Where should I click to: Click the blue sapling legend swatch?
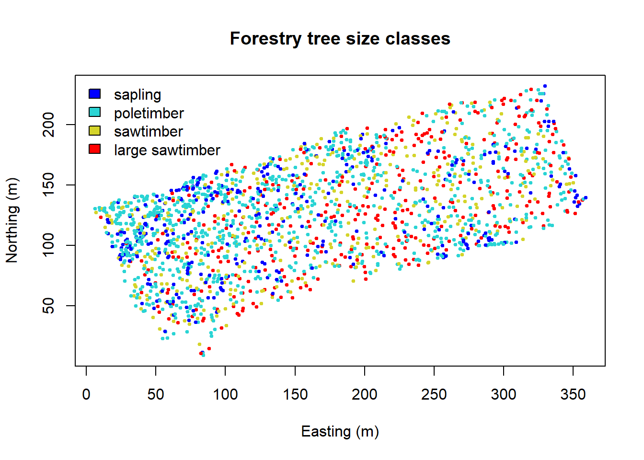[x=95, y=93]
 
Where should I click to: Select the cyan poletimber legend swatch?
[x=95, y=112]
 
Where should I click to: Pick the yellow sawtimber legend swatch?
[x=95, y=130]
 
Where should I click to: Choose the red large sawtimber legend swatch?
[x=95, y=149]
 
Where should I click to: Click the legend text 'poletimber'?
[x=149, y=114]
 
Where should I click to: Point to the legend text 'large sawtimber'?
[x=167, y=150]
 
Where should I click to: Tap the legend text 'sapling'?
[x=137, y=95]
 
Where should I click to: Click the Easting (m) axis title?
[x=340, y=432]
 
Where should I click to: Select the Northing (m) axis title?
[x=12, y=220]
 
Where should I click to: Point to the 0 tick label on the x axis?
[x=86, y=394]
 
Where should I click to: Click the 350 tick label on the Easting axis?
[x=573, y=394]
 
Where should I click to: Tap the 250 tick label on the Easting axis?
[x=434, y=394]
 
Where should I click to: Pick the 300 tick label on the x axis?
[x=504, y=394]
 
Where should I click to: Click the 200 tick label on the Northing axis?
[x=48, y=125]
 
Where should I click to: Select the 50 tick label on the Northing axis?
[x=48, y=306]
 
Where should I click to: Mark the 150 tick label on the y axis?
[x=48, y=185]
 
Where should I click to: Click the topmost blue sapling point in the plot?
[x=545, y=86]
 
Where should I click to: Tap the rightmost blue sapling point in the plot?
[x=586, y=198]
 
